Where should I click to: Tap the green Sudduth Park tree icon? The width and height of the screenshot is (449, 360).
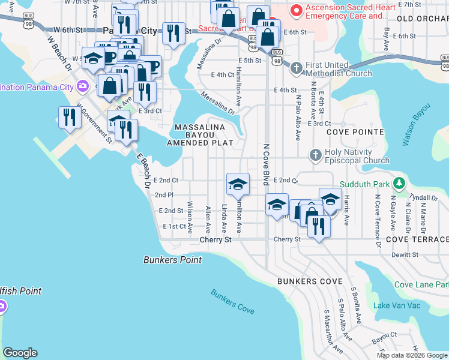click(397, 183)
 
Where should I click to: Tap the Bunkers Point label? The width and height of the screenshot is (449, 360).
click(173, 260)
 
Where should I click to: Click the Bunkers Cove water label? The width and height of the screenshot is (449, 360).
click(233, 301)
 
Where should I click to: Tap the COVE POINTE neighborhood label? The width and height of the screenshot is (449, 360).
click(355, 131)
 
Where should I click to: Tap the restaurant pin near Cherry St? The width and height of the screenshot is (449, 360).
click(318, 226)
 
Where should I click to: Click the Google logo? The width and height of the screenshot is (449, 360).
click(20, 353)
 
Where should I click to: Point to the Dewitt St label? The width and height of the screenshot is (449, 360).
click(406, 255)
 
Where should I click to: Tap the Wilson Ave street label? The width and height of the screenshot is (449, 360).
click(190, 217)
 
